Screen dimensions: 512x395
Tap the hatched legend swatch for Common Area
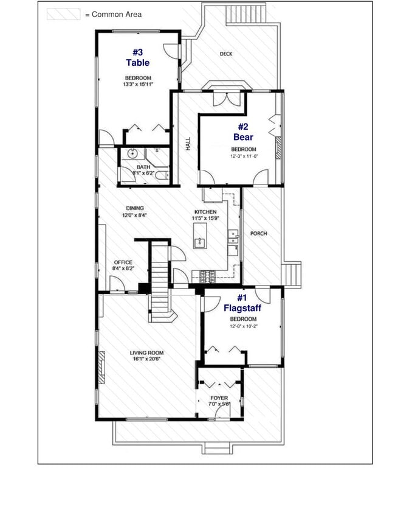pos(64,14)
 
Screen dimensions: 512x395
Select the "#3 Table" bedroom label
pos(138,57)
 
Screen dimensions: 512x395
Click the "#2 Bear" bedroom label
pos(243,132)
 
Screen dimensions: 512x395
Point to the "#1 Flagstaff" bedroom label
pos(242,303)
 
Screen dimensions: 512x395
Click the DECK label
pos(226,54)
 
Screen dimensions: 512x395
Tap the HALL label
pos(188,144)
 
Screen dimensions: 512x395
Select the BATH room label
pos(143,167)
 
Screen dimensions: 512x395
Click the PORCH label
pos(258,233)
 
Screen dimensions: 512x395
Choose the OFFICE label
pos(123,262)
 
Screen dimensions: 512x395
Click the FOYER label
pos(219,398)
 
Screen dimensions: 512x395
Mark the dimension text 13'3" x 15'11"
pos(138,84)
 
